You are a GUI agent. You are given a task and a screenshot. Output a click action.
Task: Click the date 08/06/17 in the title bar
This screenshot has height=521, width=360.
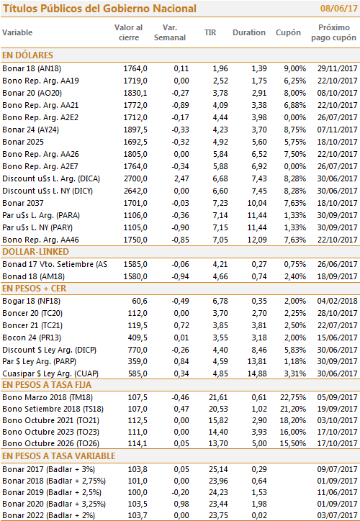pyautogui.click(x=338, y=9)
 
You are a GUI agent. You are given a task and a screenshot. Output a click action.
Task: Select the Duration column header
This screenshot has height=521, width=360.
pyautogui.click(x=249, y=32)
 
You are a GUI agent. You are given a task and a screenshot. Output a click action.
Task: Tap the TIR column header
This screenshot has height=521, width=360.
pyautogui.click(x=210, y=32)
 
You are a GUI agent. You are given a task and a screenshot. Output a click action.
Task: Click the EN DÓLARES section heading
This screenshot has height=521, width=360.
pyautogui.click(x=27, y=55)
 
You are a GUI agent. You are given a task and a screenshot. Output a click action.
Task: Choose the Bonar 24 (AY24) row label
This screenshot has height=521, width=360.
pyautogui.click(x=30, y=130)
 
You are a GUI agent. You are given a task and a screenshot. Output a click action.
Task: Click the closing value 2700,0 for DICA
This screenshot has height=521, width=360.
pyautogui.click(x=135, y=178)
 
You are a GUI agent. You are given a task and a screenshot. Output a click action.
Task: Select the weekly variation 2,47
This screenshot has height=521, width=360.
pyautogui.click(x=181, y=178)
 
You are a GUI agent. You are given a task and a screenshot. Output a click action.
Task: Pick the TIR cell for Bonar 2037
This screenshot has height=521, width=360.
pyautogui.click(x=220, y=203)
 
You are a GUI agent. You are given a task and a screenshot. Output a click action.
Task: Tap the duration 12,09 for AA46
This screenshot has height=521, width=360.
pyautogui.click(x=257, y=240)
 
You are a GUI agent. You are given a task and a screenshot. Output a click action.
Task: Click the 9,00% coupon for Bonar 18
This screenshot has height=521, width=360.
pyautogui.click(x=295, y=69)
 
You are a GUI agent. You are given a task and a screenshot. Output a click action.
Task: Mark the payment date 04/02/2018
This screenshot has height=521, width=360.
pyautogui.click(x=337, y=301)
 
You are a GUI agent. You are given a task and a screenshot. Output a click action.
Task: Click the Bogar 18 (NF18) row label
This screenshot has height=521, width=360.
pyautogui.click(x=31, y=301)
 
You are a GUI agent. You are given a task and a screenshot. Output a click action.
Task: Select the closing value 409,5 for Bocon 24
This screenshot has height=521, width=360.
pyautogui.click(x=138, y=337)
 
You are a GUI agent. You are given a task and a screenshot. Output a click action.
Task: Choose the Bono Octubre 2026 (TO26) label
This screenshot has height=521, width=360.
pyautogui.click(x=51, y=443)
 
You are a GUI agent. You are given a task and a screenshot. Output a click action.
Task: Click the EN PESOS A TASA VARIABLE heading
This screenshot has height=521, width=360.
pyautogui.click(x=59, y=456)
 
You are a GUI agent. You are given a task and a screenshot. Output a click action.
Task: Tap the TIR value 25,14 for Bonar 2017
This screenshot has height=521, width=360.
pyautogui.click(x=218, y=469)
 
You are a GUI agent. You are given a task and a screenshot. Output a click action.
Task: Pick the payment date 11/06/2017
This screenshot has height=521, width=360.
pyautogui.click(x=337, y=492)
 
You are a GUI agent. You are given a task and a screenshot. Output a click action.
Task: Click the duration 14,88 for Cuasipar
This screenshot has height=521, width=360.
pyautogui.click(x=257, y=373)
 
